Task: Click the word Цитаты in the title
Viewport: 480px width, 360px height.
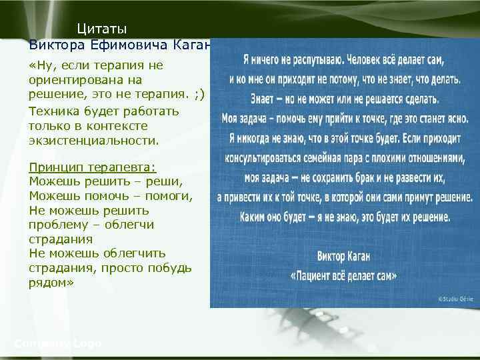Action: [x=101, y=29]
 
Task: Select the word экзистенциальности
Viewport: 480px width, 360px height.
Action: [x=94, y=141]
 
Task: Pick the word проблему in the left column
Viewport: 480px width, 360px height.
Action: [x=59, y=225]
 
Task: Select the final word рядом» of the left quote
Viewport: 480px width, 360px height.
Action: [x=51, y=283]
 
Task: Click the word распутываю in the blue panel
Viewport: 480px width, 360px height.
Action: [x=306, y=59]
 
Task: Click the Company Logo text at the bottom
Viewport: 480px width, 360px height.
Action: [x=58, y=343]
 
